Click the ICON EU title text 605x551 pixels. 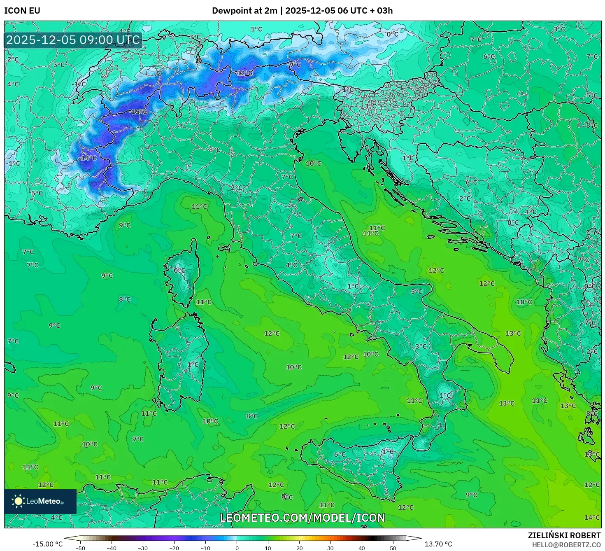point(22,11)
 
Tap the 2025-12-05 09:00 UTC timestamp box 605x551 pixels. point(73,40)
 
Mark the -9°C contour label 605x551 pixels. point(295,65)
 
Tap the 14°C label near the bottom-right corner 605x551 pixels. point(592,518)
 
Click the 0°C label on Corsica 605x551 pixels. point(179,271)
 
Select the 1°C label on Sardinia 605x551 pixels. point(193,364)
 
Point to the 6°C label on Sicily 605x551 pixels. point(340,455)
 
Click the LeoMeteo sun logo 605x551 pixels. point(18,501)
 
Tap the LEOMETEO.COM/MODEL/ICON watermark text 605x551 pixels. point(302,518)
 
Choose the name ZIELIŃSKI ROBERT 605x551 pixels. point(564,535)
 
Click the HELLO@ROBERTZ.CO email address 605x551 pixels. point(566,545)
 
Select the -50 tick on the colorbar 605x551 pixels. point(80,548)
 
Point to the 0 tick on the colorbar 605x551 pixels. point(237,548)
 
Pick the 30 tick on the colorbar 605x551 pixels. point(330,548)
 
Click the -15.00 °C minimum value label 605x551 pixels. point(48,544)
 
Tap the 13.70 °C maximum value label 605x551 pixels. point(438,544)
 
